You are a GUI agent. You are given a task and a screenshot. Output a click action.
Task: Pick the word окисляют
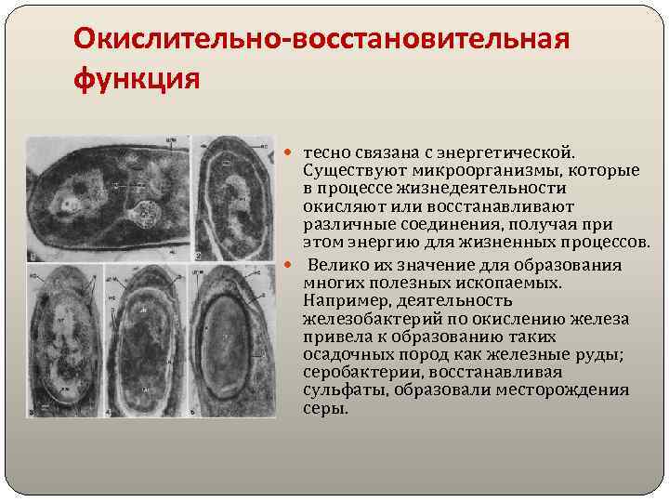tap(340, 206)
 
